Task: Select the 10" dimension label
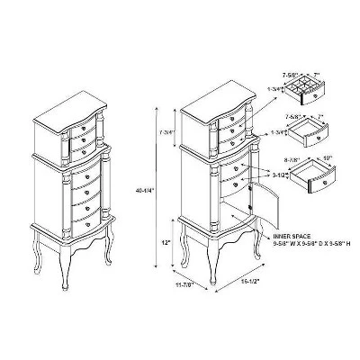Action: (x=326, y=158)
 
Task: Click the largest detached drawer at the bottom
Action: (x=318, y=181)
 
